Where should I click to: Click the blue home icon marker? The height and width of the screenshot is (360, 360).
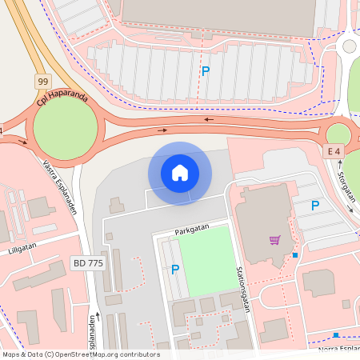[x=179, y=173]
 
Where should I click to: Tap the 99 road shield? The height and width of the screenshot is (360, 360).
[x=44, y=82]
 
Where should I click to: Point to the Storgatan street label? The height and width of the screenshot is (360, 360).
[x=345, y=189]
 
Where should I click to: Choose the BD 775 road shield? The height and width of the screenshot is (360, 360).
[x=87, y=262]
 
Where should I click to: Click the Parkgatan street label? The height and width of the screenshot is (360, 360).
[x=191, y=229]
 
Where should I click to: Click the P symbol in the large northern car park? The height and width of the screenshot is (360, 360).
[x=206, y=71]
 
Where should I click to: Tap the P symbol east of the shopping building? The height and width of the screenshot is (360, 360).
[x=315, y=206]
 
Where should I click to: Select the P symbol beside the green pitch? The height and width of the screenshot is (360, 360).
[x=175, y=270]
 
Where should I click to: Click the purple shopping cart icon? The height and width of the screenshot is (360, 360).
[x=274, y=240]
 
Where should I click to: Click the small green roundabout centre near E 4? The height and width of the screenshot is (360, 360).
[x=338, y=134]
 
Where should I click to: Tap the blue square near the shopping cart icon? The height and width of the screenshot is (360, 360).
[x=295, y=255]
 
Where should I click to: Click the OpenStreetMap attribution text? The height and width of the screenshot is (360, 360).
[x=80, y=354]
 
